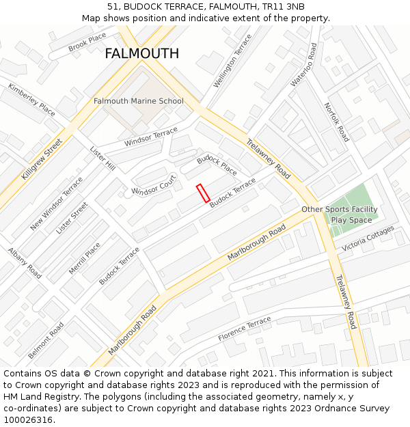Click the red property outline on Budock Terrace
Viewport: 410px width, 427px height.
(x=203, y=193)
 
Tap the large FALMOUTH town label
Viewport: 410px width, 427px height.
(x=141, y=53)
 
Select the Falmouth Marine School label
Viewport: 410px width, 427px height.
(x=139, y=101)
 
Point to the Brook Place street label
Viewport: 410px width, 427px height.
(x=87, y=42)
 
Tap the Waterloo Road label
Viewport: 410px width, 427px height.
(x=303, y=65)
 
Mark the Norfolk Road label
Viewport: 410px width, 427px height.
(x=336, y=122)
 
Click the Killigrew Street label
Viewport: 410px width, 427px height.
(x=42, y=159)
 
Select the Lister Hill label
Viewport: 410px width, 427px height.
(x=102, y=158)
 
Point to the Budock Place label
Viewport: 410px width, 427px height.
(x=217, y=165)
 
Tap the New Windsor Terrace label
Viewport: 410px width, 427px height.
(x=56, y=204)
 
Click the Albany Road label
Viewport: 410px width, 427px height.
(x=25, y=263)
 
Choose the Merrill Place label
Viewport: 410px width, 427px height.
(x=85, y=258)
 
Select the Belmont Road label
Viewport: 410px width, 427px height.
(x=46, y=340)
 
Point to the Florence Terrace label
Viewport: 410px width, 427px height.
(x=245, y=329)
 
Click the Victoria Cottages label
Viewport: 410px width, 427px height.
(x=368, y=238)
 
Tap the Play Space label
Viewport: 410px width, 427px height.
(x=352, y=220)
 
